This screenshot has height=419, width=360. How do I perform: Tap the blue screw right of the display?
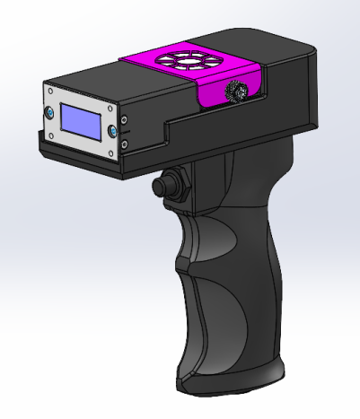(113, 131)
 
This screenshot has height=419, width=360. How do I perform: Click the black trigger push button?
(162, 186)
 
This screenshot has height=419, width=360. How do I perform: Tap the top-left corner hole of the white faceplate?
(50, 90)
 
